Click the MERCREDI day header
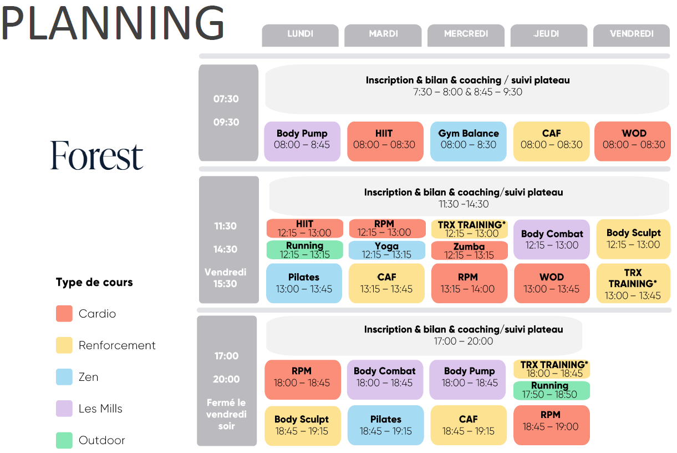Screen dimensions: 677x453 click(x=466, y=36)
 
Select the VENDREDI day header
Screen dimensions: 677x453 click(x=632, y=36)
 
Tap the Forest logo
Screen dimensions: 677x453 click(x=96, y=155)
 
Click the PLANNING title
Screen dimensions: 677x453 click(x=113, y=23)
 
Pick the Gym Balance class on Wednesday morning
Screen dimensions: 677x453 click(x=468, y=142)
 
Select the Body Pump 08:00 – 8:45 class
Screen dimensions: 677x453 click(x=302, y=142)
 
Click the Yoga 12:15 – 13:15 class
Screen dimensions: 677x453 click(x=387, y=250)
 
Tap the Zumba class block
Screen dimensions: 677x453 click(x=470, y=250)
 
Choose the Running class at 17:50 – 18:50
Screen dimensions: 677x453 click(x=552, y=390)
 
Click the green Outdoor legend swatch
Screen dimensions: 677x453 click(x=64, y=440)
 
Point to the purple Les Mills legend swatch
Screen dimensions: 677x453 click(x=64, y=409)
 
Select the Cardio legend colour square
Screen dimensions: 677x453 click(x=64, y=314)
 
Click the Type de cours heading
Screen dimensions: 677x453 click(x=94, y=283)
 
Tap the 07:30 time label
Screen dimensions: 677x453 click(x=226, y=99)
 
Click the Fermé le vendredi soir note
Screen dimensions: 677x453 click(x=226, y=414)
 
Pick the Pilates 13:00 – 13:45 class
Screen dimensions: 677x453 click(x=304, y=283)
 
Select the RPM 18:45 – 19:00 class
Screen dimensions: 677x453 click(x=552, y=425)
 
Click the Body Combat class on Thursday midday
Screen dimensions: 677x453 click(x=552, y=239)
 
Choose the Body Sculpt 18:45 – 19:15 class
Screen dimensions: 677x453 click(x=303, y=426)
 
